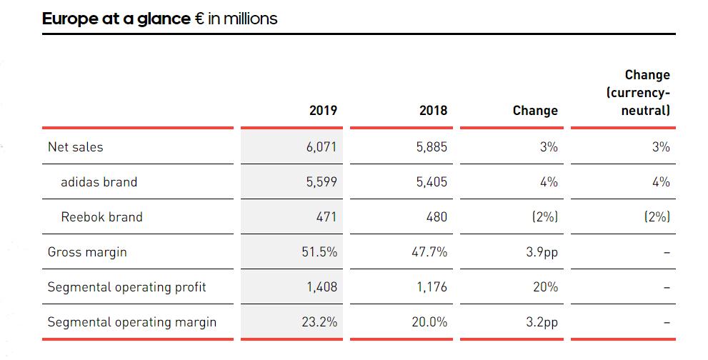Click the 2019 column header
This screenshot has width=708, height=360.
323,111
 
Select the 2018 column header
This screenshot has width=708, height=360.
434,111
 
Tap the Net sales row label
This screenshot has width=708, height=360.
75,147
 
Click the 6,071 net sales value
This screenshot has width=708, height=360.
321,147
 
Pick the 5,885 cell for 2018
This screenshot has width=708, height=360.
432,147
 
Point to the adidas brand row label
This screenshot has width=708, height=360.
99,182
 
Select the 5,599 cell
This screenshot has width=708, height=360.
321,182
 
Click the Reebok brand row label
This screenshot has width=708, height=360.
101,217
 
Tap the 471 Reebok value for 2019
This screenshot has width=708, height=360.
326,217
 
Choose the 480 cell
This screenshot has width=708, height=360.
437,217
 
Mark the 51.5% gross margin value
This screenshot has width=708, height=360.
319,252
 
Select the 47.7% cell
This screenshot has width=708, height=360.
429,252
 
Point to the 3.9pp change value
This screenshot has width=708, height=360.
541,252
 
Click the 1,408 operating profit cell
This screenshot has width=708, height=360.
321,287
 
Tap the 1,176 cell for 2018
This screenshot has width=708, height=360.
432,287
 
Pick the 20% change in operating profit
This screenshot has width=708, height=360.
547,287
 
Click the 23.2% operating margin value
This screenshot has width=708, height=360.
319,322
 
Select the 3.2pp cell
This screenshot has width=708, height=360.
541,322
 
